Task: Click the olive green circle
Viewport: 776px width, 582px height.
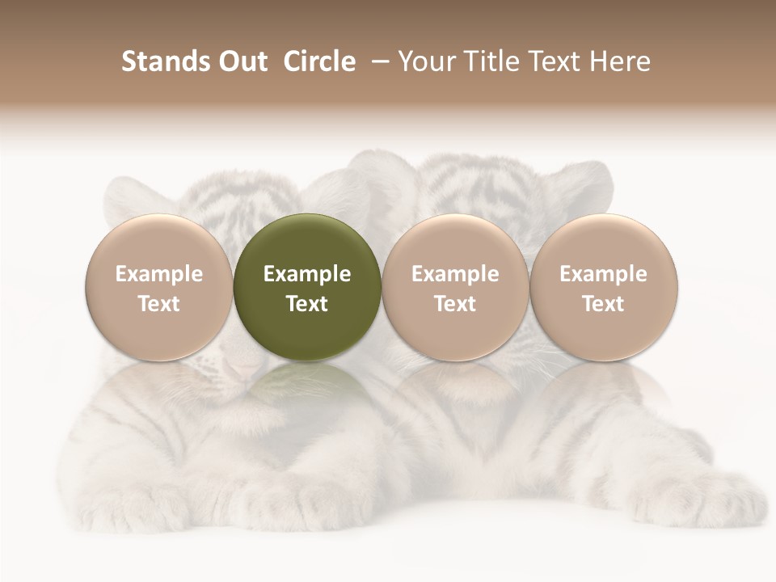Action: pyautogui.click(x=307, y=287)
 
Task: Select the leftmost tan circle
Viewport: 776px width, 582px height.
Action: pyautogui.click(x=158, y=287)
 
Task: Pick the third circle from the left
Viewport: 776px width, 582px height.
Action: pyautogui.click(x=455, y=287)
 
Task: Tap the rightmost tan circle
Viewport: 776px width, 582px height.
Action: pyautogui.click(x=603, y=287)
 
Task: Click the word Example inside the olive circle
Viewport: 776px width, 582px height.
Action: pyautogui.click(x=307, y=274)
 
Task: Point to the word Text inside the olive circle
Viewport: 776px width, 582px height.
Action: pyautogui.click(x=307, y=304)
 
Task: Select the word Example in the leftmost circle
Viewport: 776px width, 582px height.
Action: pyautogui.click(x=158, y=274)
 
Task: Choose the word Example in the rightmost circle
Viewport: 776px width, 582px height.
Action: pyautogui.click(x=603, y=274)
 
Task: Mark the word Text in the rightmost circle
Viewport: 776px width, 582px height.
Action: pyautogui.click(x=603, y=304)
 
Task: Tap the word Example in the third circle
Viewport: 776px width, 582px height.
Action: pyautogui.click(x=455, y=274)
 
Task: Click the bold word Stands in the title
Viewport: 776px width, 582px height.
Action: pyautogui.click(x=164, y=61)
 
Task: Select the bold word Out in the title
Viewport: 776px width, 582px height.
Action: pyautogui.click(x=241, y=61)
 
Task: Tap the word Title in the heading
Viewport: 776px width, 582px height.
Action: pyautogui.click(x=490, y=61)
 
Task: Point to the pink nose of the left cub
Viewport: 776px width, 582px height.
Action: pyautogui.click(x=242, y=369)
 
